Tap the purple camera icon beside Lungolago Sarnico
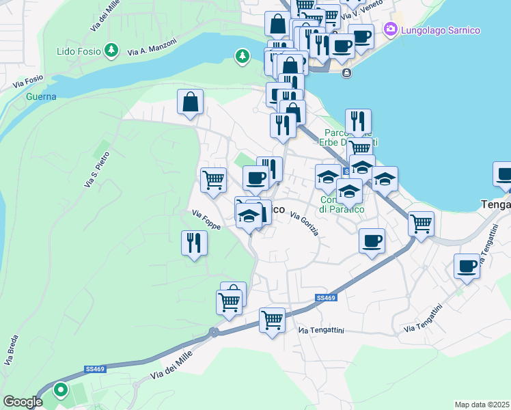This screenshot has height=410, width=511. (391, 29)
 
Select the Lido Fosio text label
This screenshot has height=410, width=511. (78, 51)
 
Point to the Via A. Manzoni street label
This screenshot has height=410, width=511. (151, 46)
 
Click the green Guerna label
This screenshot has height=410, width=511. (41, 96)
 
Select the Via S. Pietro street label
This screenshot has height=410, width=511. (96, 169)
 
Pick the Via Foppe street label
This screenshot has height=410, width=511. (206, 219)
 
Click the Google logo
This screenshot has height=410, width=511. (23, 402)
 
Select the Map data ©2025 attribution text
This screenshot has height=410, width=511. (482, 405)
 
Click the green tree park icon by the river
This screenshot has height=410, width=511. (242, 55)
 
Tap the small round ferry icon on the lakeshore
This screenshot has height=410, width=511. (348, 73)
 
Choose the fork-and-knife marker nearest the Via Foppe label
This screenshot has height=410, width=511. (194, 243)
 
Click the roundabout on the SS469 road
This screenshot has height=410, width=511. (214, 333)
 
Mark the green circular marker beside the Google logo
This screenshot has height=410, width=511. (61, 390)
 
